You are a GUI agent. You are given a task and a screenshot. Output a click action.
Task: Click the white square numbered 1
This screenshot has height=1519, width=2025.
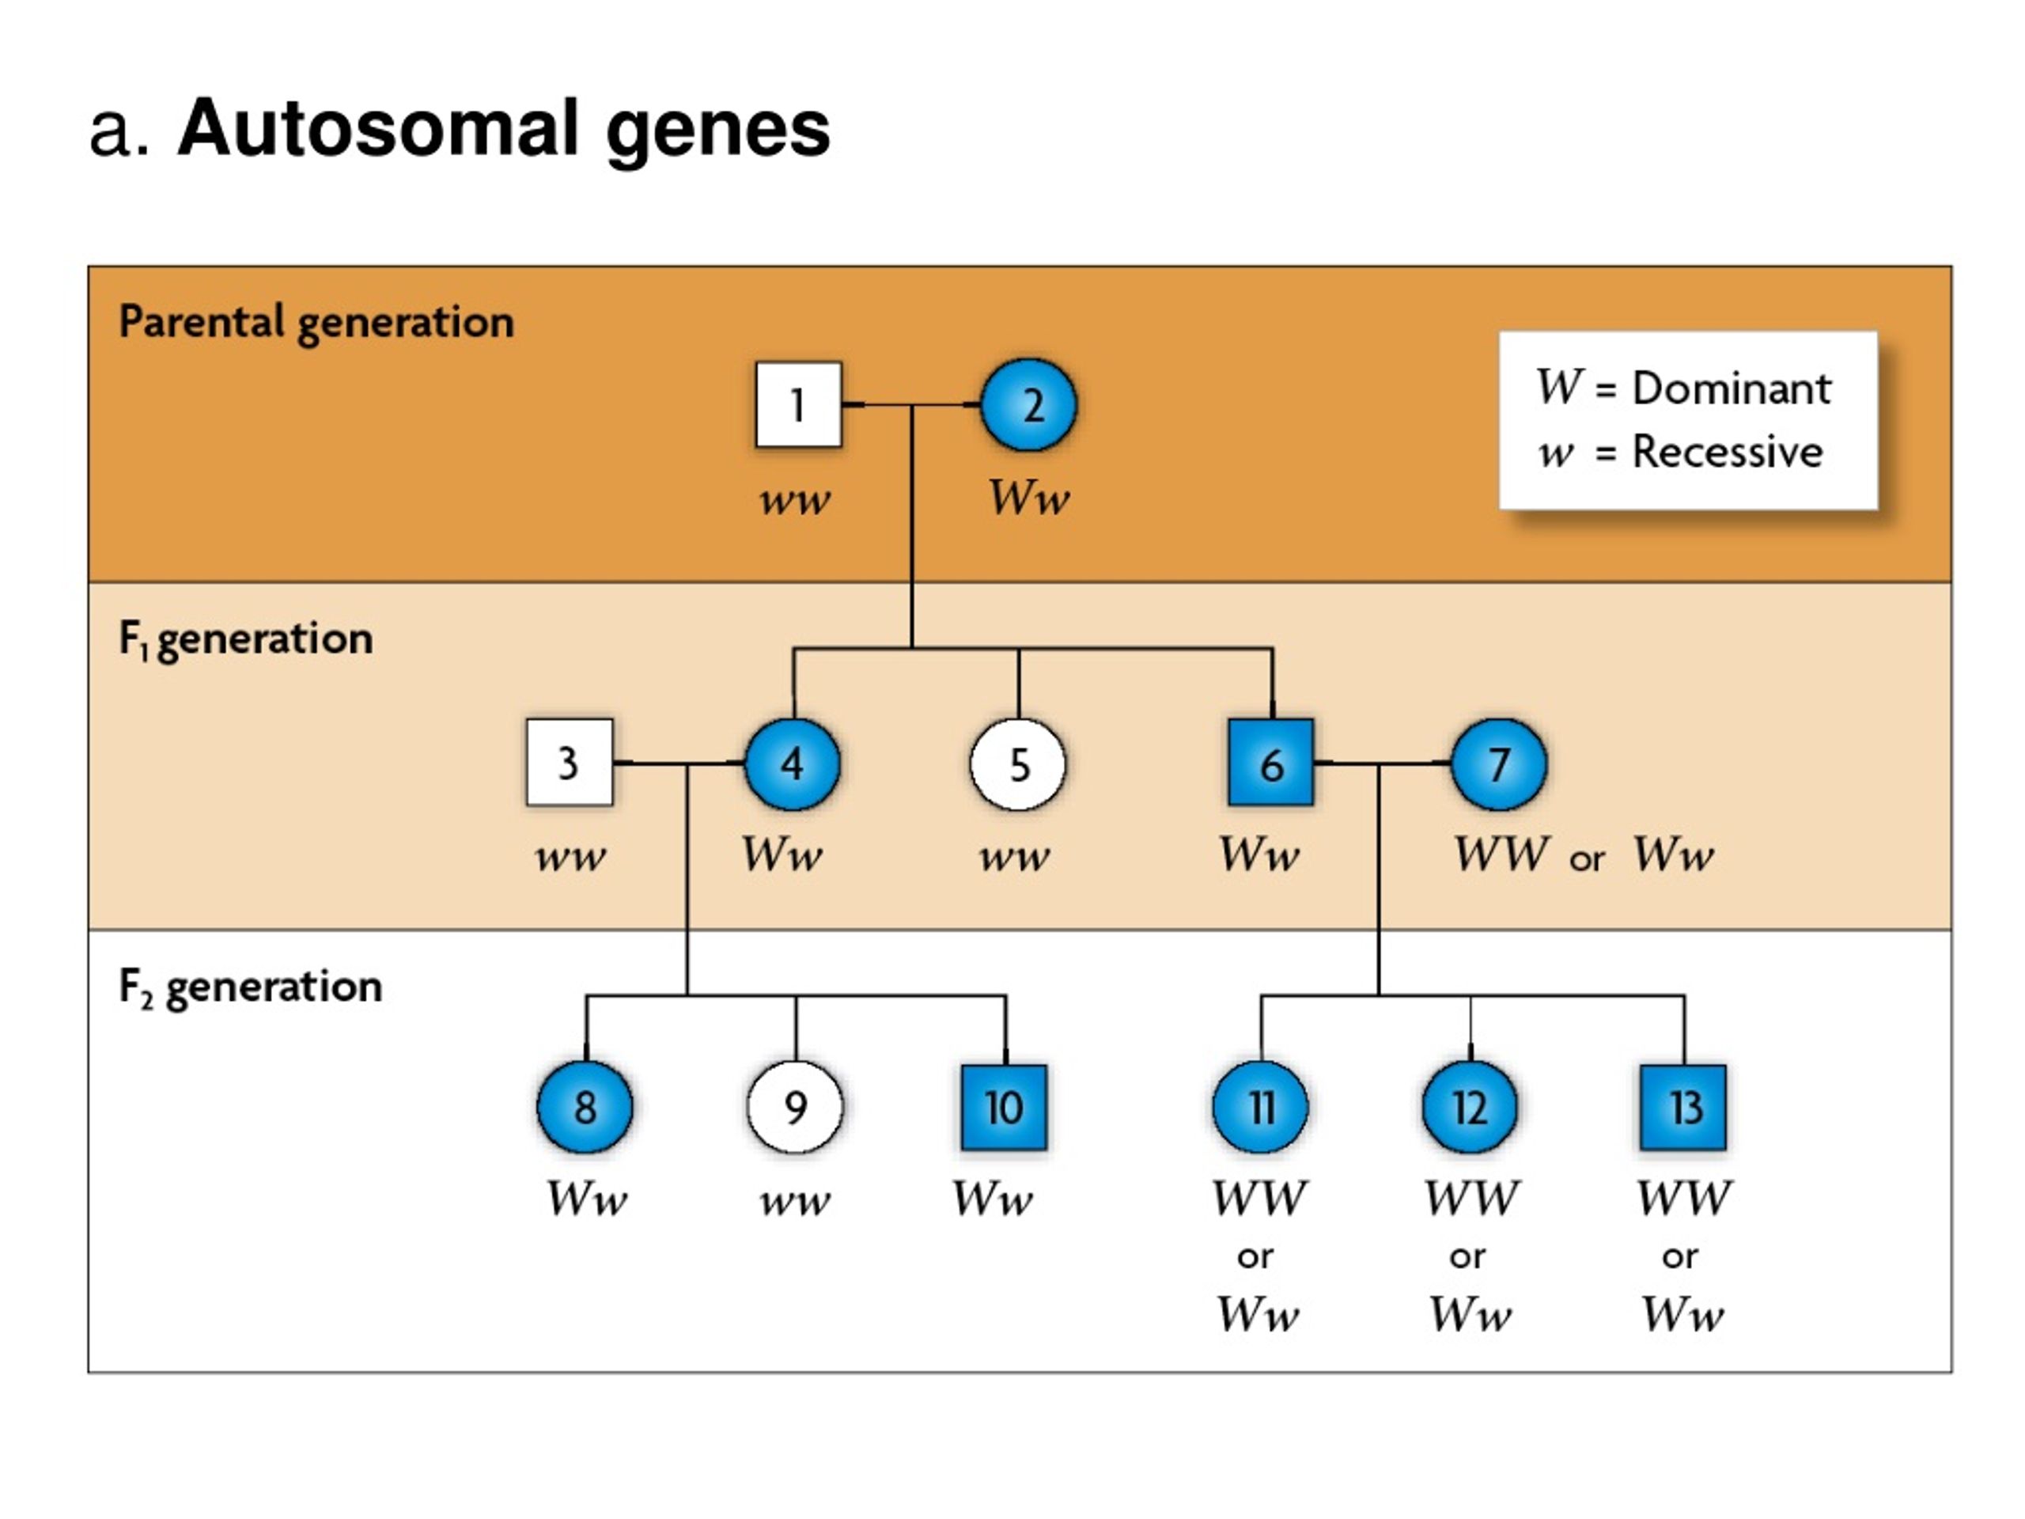click(798, 405)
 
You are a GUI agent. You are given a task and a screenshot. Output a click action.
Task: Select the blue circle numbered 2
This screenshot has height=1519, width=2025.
click(1028, 405)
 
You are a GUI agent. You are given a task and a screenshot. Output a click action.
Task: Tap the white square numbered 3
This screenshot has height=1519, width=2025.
click(570, 763)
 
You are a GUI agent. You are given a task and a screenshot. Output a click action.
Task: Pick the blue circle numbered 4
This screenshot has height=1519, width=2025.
click(792, 763)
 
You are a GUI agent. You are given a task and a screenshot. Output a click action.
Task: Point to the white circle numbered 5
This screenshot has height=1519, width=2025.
click(1018, 763)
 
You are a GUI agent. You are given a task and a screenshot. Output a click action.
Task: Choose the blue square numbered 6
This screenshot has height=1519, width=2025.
click(1270, 763)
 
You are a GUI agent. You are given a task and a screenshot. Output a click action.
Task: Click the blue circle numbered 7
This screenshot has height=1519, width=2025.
click(1499, 763)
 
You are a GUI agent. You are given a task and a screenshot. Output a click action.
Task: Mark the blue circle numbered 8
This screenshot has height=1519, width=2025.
click(585, 1107)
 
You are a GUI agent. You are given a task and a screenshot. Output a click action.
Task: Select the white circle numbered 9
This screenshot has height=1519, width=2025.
click(796, 1107)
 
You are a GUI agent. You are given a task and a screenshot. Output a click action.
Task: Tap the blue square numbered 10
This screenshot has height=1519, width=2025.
click(1005, 1107)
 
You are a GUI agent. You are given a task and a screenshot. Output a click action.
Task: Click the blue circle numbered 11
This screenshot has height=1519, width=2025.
click(1261, 1107)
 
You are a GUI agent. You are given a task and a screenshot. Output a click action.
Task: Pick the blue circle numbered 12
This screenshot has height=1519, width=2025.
click(1470, 1107)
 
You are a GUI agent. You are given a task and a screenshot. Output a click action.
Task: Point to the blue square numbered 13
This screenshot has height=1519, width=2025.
click(1683, 1107)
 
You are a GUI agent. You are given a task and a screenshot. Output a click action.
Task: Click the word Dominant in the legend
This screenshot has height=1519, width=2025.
click(1731, 388)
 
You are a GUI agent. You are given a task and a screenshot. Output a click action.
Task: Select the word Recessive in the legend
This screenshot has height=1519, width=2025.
click(1728, 452)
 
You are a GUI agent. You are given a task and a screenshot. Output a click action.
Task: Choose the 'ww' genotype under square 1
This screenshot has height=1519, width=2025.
click(795, 501)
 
